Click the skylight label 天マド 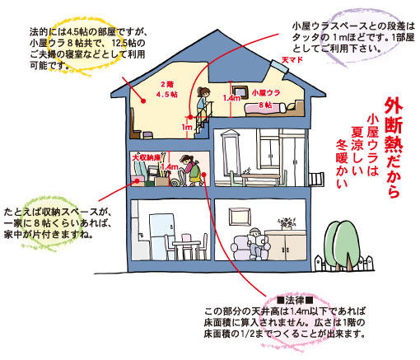[x=292, y=59]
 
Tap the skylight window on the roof [x=279, y=66]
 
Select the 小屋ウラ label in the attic [x=266, y=93]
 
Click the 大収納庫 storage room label [x=146, y=157]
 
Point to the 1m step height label [x=187, y=127]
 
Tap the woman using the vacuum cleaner [x=191, y=171]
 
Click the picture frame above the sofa [x=240, y=217]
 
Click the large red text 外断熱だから [x=394, y=147]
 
